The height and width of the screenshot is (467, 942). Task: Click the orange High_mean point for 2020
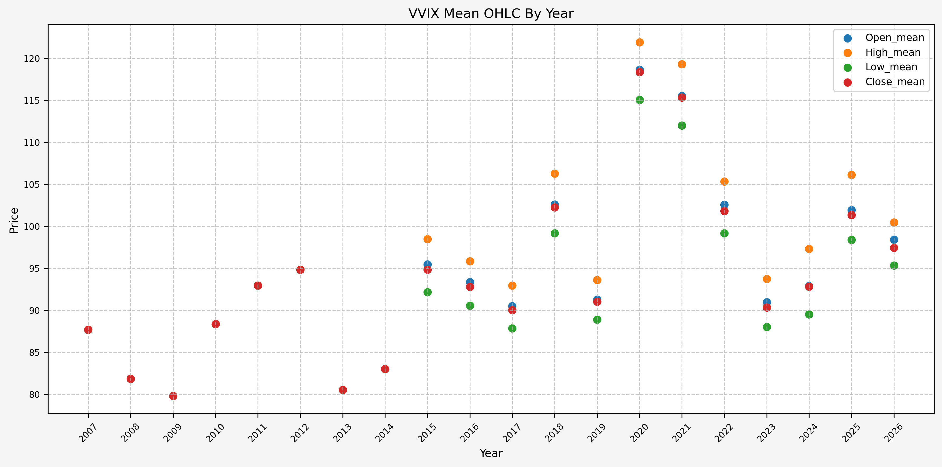[x=640, y=43]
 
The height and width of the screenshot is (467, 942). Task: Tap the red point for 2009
[x=173, y=396]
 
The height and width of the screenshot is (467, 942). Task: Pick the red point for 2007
[x=88, y=330]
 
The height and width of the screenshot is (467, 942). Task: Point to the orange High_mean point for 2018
[x=555, y=174]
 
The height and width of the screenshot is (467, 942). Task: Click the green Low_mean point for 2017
[x=512, y=328]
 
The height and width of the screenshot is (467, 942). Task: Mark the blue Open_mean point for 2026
[x=894, y=240]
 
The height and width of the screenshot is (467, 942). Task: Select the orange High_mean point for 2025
[x=852, y=175]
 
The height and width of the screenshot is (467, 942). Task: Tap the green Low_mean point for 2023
[x=767, y=327]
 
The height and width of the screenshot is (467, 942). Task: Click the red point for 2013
[x=343, y=390]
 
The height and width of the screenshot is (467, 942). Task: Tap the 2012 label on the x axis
[x=299, y=433]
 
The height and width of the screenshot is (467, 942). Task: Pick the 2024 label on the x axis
[x=808, y=433]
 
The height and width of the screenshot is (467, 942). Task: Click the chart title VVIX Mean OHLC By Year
[x=491, y=13]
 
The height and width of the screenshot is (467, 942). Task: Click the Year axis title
[x=491, y=453]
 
